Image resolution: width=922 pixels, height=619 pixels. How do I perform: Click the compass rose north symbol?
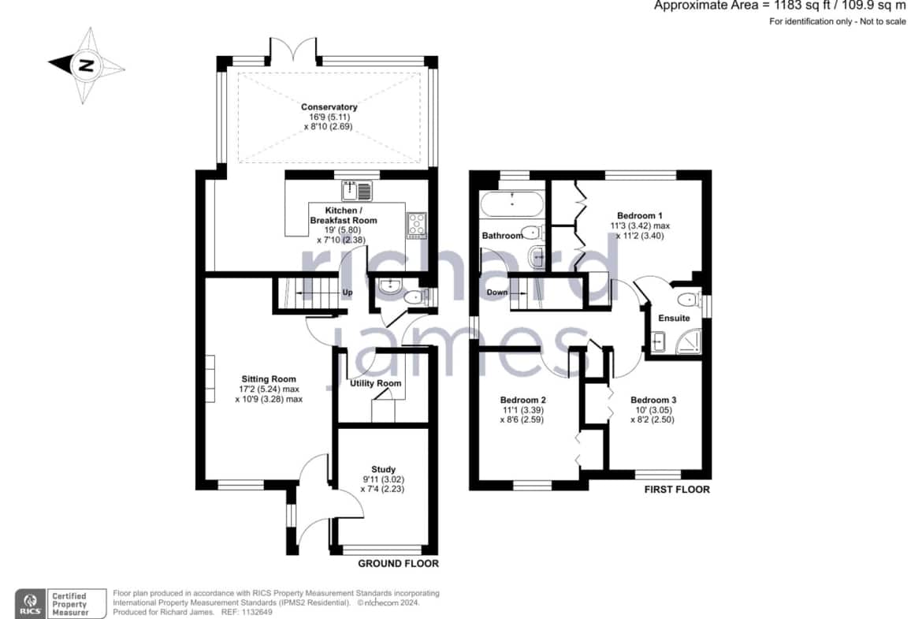click(87, 65)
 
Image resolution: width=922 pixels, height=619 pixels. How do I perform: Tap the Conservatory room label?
click(329, 107)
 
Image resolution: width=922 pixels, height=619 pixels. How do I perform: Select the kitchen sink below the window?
click(358, 191)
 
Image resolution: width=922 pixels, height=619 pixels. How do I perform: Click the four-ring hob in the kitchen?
click(417, 226)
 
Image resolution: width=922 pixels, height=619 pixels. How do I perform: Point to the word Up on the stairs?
click(348, 293)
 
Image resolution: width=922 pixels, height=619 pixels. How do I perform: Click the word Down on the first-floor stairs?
click(497, 293)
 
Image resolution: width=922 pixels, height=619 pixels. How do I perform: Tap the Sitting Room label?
click(269, 379)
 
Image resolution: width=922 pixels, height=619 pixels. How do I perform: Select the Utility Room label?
click(376, 383)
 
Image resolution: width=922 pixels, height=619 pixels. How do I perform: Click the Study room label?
click(384, 469)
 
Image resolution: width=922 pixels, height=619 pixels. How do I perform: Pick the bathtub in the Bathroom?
click(512, 204)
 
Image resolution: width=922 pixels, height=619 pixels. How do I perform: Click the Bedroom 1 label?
click(640, 215)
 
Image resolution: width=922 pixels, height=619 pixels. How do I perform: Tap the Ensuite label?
click(674, 319)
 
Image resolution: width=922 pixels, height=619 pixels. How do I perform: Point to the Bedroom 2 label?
click(522, 400)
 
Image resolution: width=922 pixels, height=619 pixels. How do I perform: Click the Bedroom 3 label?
click(653, 400)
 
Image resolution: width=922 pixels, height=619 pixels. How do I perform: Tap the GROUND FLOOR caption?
click(398, 564)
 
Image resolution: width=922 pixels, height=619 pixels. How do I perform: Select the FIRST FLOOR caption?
click(677, 490)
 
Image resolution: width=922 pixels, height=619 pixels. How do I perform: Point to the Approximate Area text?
click(779, 6)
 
